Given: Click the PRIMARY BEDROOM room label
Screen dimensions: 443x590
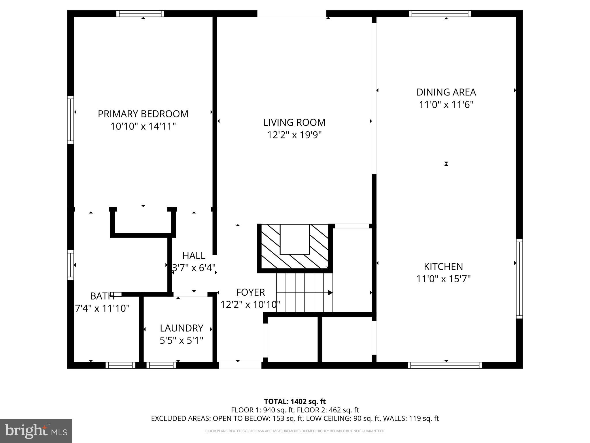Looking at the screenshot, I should pos(143,114).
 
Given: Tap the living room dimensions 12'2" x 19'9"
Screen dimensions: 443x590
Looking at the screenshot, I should pos(294,135).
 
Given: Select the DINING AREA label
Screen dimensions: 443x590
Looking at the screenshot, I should pos(446,92).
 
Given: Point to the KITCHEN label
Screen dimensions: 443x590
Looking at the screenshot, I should pos(443,266).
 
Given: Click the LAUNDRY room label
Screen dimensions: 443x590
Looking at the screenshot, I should pos(181,328).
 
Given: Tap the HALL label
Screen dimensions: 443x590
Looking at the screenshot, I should pos(194,256).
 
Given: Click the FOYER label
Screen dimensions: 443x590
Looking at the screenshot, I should pos(250,292).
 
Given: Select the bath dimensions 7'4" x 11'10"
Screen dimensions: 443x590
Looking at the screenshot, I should pos(102,309).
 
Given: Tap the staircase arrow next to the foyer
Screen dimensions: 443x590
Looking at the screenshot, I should pos(330,293).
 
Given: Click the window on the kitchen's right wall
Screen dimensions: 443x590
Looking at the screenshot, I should pos(519,279).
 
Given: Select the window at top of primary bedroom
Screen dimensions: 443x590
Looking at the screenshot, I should pos(140,14).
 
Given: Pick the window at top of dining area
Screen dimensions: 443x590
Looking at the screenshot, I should pos(440,14).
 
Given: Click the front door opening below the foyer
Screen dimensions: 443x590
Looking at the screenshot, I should pos(240,365).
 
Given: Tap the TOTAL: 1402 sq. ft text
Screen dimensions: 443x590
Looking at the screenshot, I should pos(295,401).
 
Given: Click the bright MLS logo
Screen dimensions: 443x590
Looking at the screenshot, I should pos(36,431).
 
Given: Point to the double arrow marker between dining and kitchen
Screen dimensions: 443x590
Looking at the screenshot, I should pos(446,164).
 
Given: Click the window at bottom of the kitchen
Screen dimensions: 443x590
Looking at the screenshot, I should pos(445,365).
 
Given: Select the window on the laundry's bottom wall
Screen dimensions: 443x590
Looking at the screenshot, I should pos(161,365).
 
